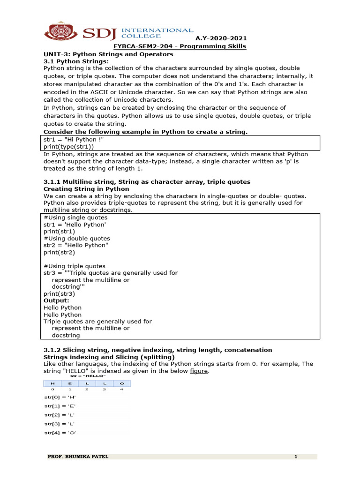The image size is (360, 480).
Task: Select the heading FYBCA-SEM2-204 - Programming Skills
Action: pyautogui.click(x=180, y=46)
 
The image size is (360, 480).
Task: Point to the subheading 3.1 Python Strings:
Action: pyautogui.click(x=75, y=61)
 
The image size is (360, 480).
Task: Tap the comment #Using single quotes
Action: pyautogui.click(x=75, y=217)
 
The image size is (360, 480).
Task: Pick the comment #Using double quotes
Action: pyautogui.click(x=77, y=238)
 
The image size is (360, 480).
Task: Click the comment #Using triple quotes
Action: pyautogui.click(x=75, y=266)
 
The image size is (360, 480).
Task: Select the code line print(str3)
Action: pyautogui.click(x=59, y=293)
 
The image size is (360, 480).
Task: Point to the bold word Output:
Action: pyautogui.click(x=56, y=300)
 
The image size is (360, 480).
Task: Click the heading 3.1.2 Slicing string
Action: pyautogui.click(x=157, y=350)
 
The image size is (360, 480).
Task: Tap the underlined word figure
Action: pyautogui.click(x=199, y=371)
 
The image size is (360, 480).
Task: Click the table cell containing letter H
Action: pyautogui.click(x=52, y=383)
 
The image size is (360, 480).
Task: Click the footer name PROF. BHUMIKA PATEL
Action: pyautogui.click(x=78, y=457)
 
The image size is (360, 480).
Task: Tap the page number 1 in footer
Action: pyautogui.click(x=296, y=457)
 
